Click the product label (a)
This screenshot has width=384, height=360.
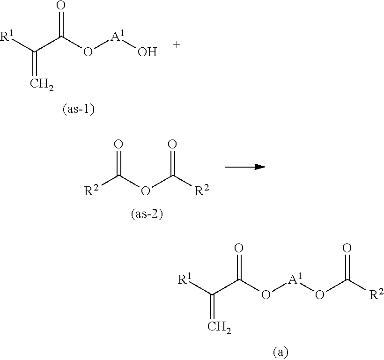281,350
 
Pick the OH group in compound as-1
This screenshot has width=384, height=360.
147,52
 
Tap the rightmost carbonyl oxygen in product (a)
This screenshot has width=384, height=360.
347,249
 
